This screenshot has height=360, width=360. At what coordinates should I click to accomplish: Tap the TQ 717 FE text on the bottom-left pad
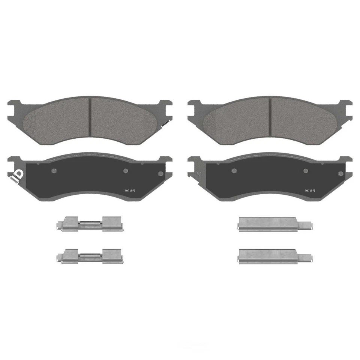click(130, 190)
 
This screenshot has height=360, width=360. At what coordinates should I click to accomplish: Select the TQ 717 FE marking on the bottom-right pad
click(310, 190)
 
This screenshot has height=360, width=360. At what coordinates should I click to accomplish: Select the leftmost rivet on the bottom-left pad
click(54, 171)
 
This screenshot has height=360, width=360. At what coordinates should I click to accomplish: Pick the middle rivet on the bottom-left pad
click(126, 171)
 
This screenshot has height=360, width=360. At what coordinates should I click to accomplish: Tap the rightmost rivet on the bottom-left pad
click(161, 173)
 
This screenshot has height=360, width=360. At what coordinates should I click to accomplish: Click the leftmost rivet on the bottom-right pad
click(234, 171)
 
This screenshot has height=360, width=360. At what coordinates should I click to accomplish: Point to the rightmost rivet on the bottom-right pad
click(340, 173)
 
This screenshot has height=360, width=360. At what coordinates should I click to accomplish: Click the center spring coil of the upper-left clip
click(90, 223)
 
